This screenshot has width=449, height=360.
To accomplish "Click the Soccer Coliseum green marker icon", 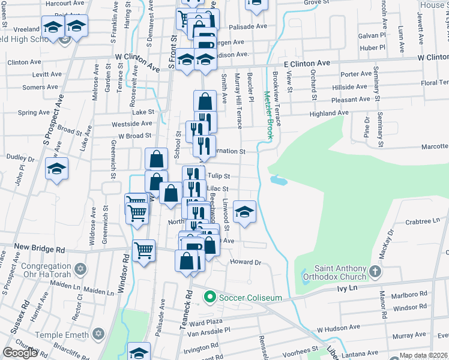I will click(209, 296).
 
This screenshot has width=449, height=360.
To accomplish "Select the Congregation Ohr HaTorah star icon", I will click(80, 267).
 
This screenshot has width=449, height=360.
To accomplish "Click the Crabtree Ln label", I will click(423, 221).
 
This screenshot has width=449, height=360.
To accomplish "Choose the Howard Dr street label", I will click(246, 262).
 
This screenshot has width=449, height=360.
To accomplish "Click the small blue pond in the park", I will click(278, 179).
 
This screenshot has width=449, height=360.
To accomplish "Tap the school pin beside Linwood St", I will click(244, 212).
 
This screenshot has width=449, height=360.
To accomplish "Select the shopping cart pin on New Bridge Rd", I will click(143, 251).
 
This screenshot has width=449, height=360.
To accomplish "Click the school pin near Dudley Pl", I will click(56, 169).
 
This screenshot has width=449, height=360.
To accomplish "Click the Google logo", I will click(20, 353).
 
